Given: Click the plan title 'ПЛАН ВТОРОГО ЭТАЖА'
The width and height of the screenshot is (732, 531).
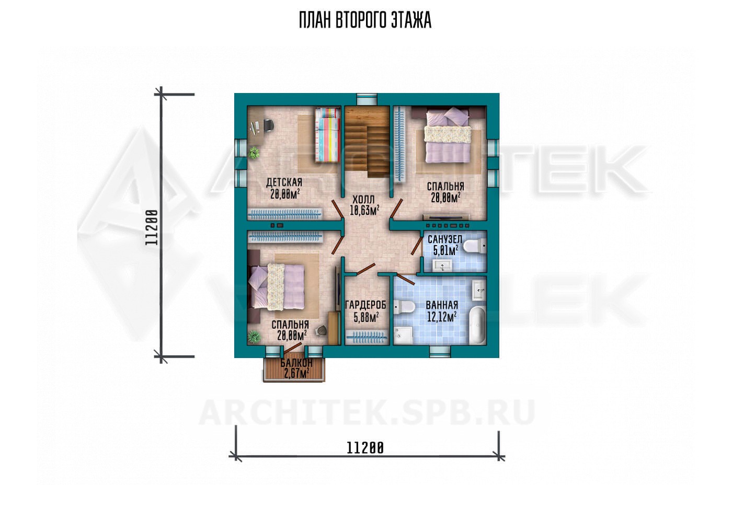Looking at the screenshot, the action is pos(365,20).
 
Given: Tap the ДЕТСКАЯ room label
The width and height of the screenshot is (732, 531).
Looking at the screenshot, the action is pos(284,182).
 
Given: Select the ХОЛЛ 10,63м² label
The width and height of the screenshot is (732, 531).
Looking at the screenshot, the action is pos(364,205).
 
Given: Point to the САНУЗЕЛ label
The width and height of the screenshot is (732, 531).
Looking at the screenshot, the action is pos(445,239).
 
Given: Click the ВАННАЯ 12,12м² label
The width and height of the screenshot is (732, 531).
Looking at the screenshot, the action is pos(442,311).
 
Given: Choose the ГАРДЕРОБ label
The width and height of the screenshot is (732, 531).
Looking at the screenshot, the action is pos(365,305).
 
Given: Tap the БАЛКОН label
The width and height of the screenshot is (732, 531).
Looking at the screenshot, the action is pos(296,363).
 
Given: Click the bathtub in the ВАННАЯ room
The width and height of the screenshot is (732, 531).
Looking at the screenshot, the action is pos(477,325).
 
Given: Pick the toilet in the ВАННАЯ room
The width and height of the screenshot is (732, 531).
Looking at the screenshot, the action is pos(404,307).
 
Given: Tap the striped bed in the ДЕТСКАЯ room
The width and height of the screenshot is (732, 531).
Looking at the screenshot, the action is pos(327,134).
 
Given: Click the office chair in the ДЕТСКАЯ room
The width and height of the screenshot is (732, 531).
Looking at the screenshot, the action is pos(268,125).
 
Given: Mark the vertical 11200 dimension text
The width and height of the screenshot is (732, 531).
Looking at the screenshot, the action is pos(152,227).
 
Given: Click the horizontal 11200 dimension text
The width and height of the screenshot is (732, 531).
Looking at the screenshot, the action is pos(365,448).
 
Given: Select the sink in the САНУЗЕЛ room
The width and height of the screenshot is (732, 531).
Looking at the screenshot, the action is pos(443,265).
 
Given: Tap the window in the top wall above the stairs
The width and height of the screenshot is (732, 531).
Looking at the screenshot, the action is pos(367,99).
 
